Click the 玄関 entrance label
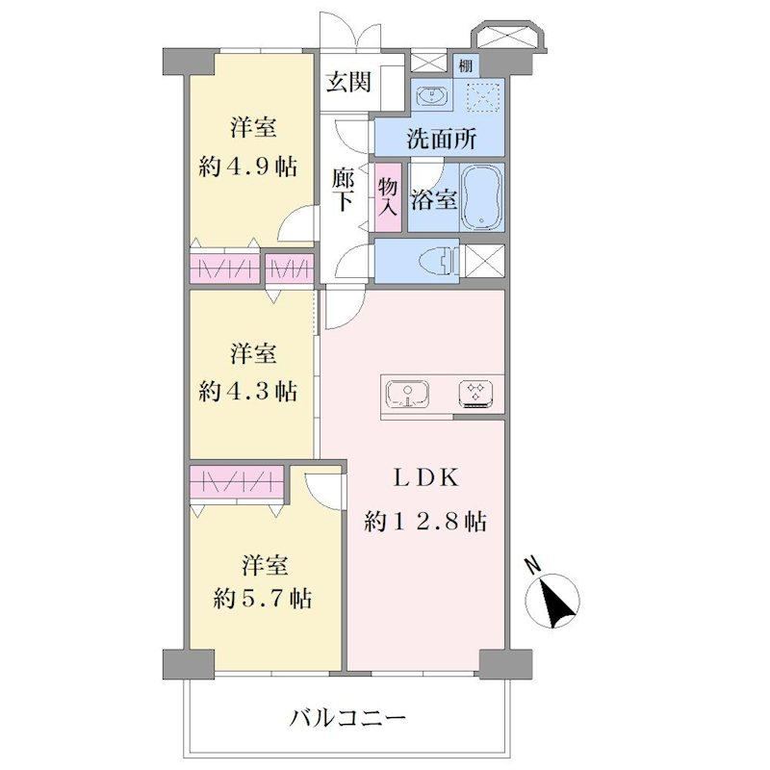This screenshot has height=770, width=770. [348, 82]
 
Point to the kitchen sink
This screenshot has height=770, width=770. [407, 394]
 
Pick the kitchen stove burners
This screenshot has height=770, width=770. [475, 394]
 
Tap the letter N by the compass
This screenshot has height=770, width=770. [533, 566]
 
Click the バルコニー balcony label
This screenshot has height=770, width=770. [347, 718]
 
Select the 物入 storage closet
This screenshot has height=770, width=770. [388, 197]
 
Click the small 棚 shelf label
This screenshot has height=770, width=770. [465, 65]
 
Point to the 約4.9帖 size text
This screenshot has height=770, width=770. [248, 167]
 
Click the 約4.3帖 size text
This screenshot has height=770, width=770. [248, 392]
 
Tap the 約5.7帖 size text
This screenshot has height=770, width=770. [262, 599]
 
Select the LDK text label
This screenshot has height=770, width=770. [425, 477]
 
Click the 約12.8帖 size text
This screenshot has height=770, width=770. [425, 521]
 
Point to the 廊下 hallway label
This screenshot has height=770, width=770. [343, 190]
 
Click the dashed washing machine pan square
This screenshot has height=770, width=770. [484, 97]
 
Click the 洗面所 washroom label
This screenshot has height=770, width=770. [441, 140]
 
